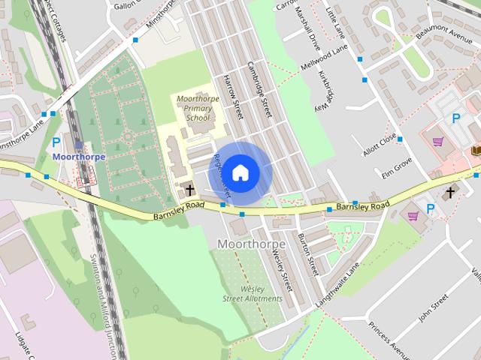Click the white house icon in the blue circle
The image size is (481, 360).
[240, 172]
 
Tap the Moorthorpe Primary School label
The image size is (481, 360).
[193, 108]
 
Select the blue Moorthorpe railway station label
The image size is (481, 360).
[79, 157]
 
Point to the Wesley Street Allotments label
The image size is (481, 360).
[253, 293]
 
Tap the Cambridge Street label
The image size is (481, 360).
[259, 88]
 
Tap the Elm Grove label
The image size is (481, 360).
[398, 163]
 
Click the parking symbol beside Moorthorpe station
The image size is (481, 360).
[56, 142]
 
